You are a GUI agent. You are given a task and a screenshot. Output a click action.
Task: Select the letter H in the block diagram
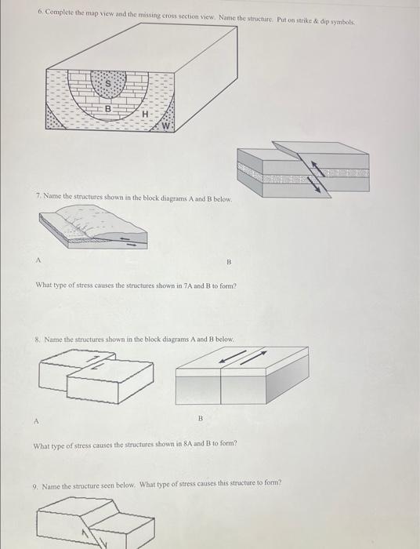coord(145,115)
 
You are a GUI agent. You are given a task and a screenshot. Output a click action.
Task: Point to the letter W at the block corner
coord(166,125)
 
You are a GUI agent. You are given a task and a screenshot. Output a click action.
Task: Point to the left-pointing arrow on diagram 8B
coord(230,359)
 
